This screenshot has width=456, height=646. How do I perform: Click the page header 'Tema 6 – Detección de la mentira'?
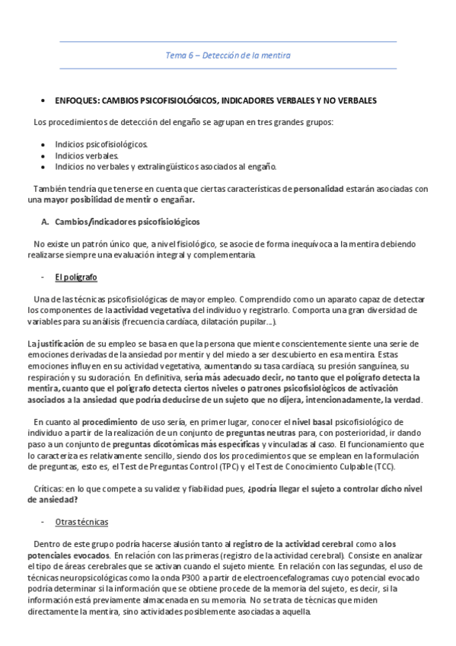coord(228,56)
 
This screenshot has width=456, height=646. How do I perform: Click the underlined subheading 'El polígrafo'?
coord(76,277)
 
